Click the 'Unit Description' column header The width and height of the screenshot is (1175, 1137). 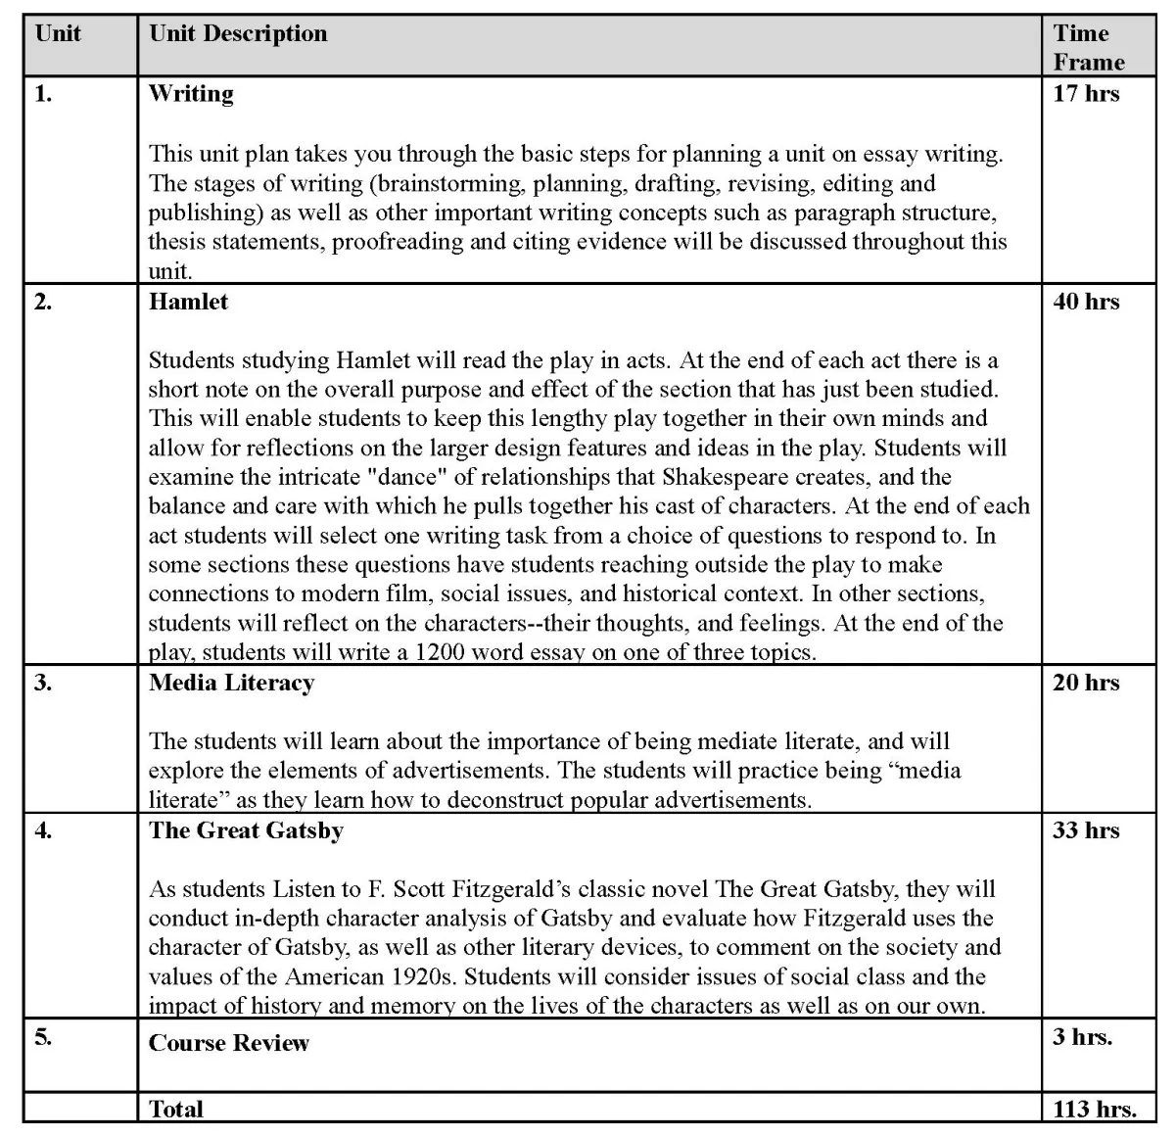(x=238, y=33)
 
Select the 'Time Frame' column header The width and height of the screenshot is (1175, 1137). (x=1088, y=47)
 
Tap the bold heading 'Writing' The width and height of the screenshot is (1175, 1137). (x=191, y=94)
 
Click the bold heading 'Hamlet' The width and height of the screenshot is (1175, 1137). (x=188, y=302)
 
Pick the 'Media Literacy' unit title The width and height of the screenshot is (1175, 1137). (x=231, y=683)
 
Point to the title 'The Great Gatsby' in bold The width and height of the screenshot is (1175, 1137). (x=246, y=830)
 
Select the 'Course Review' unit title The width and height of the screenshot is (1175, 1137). (x=228, y=1043)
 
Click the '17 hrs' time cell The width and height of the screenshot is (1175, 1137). (x=1085, y=94)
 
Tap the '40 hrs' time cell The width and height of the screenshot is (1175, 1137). (x=1085, y=302)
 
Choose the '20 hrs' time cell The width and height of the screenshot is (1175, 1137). (x=1085, y=683)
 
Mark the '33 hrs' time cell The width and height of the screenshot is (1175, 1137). (x=1085, y=830)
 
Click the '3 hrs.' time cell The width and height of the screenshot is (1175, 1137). (x=1082, y=1037)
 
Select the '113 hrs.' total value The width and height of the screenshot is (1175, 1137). (x=1094, y=1110)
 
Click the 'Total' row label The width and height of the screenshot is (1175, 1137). (x=176, y=1110)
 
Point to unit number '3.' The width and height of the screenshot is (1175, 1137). (x=43, y=683)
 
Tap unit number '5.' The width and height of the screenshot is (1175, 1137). (x=43, y=1037)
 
